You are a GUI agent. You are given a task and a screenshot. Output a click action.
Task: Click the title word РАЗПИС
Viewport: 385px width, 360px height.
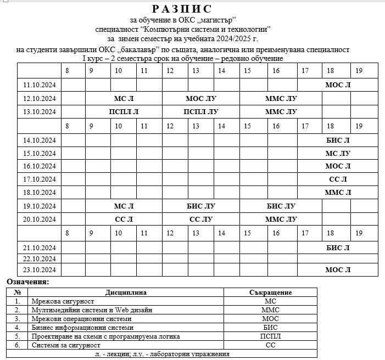(x=181, y=9)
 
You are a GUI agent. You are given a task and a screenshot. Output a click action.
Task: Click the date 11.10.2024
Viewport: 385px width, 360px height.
(x=40, y=85)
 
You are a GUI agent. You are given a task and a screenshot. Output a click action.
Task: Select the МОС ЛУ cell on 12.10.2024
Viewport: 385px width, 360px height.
(x=201, y=98)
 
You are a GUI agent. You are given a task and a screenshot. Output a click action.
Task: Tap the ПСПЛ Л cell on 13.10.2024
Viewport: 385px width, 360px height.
(x=124, y=111)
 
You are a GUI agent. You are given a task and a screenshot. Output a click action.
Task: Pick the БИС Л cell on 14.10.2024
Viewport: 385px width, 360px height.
(x=338, y=140)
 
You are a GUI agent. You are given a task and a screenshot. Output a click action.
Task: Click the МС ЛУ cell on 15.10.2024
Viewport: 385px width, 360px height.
(x=338, y=153)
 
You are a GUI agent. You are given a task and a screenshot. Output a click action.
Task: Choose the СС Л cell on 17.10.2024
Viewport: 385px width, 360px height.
(x=338, y=179)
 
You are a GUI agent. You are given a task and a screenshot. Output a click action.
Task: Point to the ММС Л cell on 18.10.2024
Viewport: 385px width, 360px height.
(x=338, y=192)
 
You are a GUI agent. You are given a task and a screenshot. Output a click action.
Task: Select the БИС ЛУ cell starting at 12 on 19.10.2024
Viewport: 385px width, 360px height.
(x=201, y=206)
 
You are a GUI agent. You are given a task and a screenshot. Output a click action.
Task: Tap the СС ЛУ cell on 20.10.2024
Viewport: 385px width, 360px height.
(x=201, y=220)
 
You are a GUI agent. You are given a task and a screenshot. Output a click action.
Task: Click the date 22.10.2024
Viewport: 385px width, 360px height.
(x=40, y=258)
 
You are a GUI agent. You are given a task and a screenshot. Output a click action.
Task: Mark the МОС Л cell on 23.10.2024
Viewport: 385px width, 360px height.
(x=338, y=269)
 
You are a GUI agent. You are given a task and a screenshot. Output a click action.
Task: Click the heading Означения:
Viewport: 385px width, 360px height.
(x=28, y=282)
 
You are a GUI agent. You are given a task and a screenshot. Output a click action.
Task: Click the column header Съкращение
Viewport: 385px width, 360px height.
(x=270, y=292)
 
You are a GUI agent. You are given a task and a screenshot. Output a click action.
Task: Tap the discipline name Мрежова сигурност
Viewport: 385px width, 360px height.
(x=63, y=301)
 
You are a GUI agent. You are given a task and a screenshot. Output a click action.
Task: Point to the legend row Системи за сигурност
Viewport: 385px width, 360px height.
(x=66, y=345)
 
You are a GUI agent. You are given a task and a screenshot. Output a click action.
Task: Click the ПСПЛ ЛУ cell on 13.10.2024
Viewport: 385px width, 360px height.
(x=201, y=111)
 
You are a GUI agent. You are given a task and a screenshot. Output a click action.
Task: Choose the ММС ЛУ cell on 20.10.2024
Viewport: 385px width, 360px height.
(x=281, y=220)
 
